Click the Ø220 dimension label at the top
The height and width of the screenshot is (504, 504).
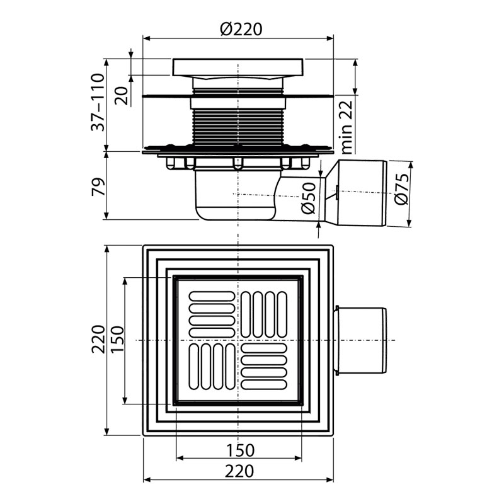tap(241, 29)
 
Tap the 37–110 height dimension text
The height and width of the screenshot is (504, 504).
tap(98, 102)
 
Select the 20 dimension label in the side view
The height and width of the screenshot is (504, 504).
tap(122, 96)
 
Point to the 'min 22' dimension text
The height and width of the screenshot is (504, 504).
tap(346, 127)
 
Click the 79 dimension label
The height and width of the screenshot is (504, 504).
tap(98, 186)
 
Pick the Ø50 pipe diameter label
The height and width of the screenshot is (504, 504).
tap(309, 198)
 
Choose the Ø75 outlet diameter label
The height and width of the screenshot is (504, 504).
tap(402, 189)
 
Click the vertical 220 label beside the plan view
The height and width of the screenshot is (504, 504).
tap(98, 340)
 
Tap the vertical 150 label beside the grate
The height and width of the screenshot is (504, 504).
tap(117, 340)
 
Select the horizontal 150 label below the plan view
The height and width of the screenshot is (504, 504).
tap(241, 450)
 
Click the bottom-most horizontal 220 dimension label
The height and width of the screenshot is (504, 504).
tap(239, 471)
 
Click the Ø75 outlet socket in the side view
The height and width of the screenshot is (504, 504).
tap(356, 193)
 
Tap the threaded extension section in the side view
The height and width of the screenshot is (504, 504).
tap(238, 127)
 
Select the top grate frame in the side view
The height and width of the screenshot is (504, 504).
tap(238, 67)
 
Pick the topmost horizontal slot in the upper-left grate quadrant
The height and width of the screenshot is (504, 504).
tap(212, 296)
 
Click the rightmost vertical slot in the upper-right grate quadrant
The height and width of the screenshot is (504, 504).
tap(282, 314)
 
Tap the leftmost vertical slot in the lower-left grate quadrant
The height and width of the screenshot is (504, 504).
tap(194, 367)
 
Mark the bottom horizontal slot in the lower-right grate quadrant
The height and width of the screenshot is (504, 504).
tap(263, 384)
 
